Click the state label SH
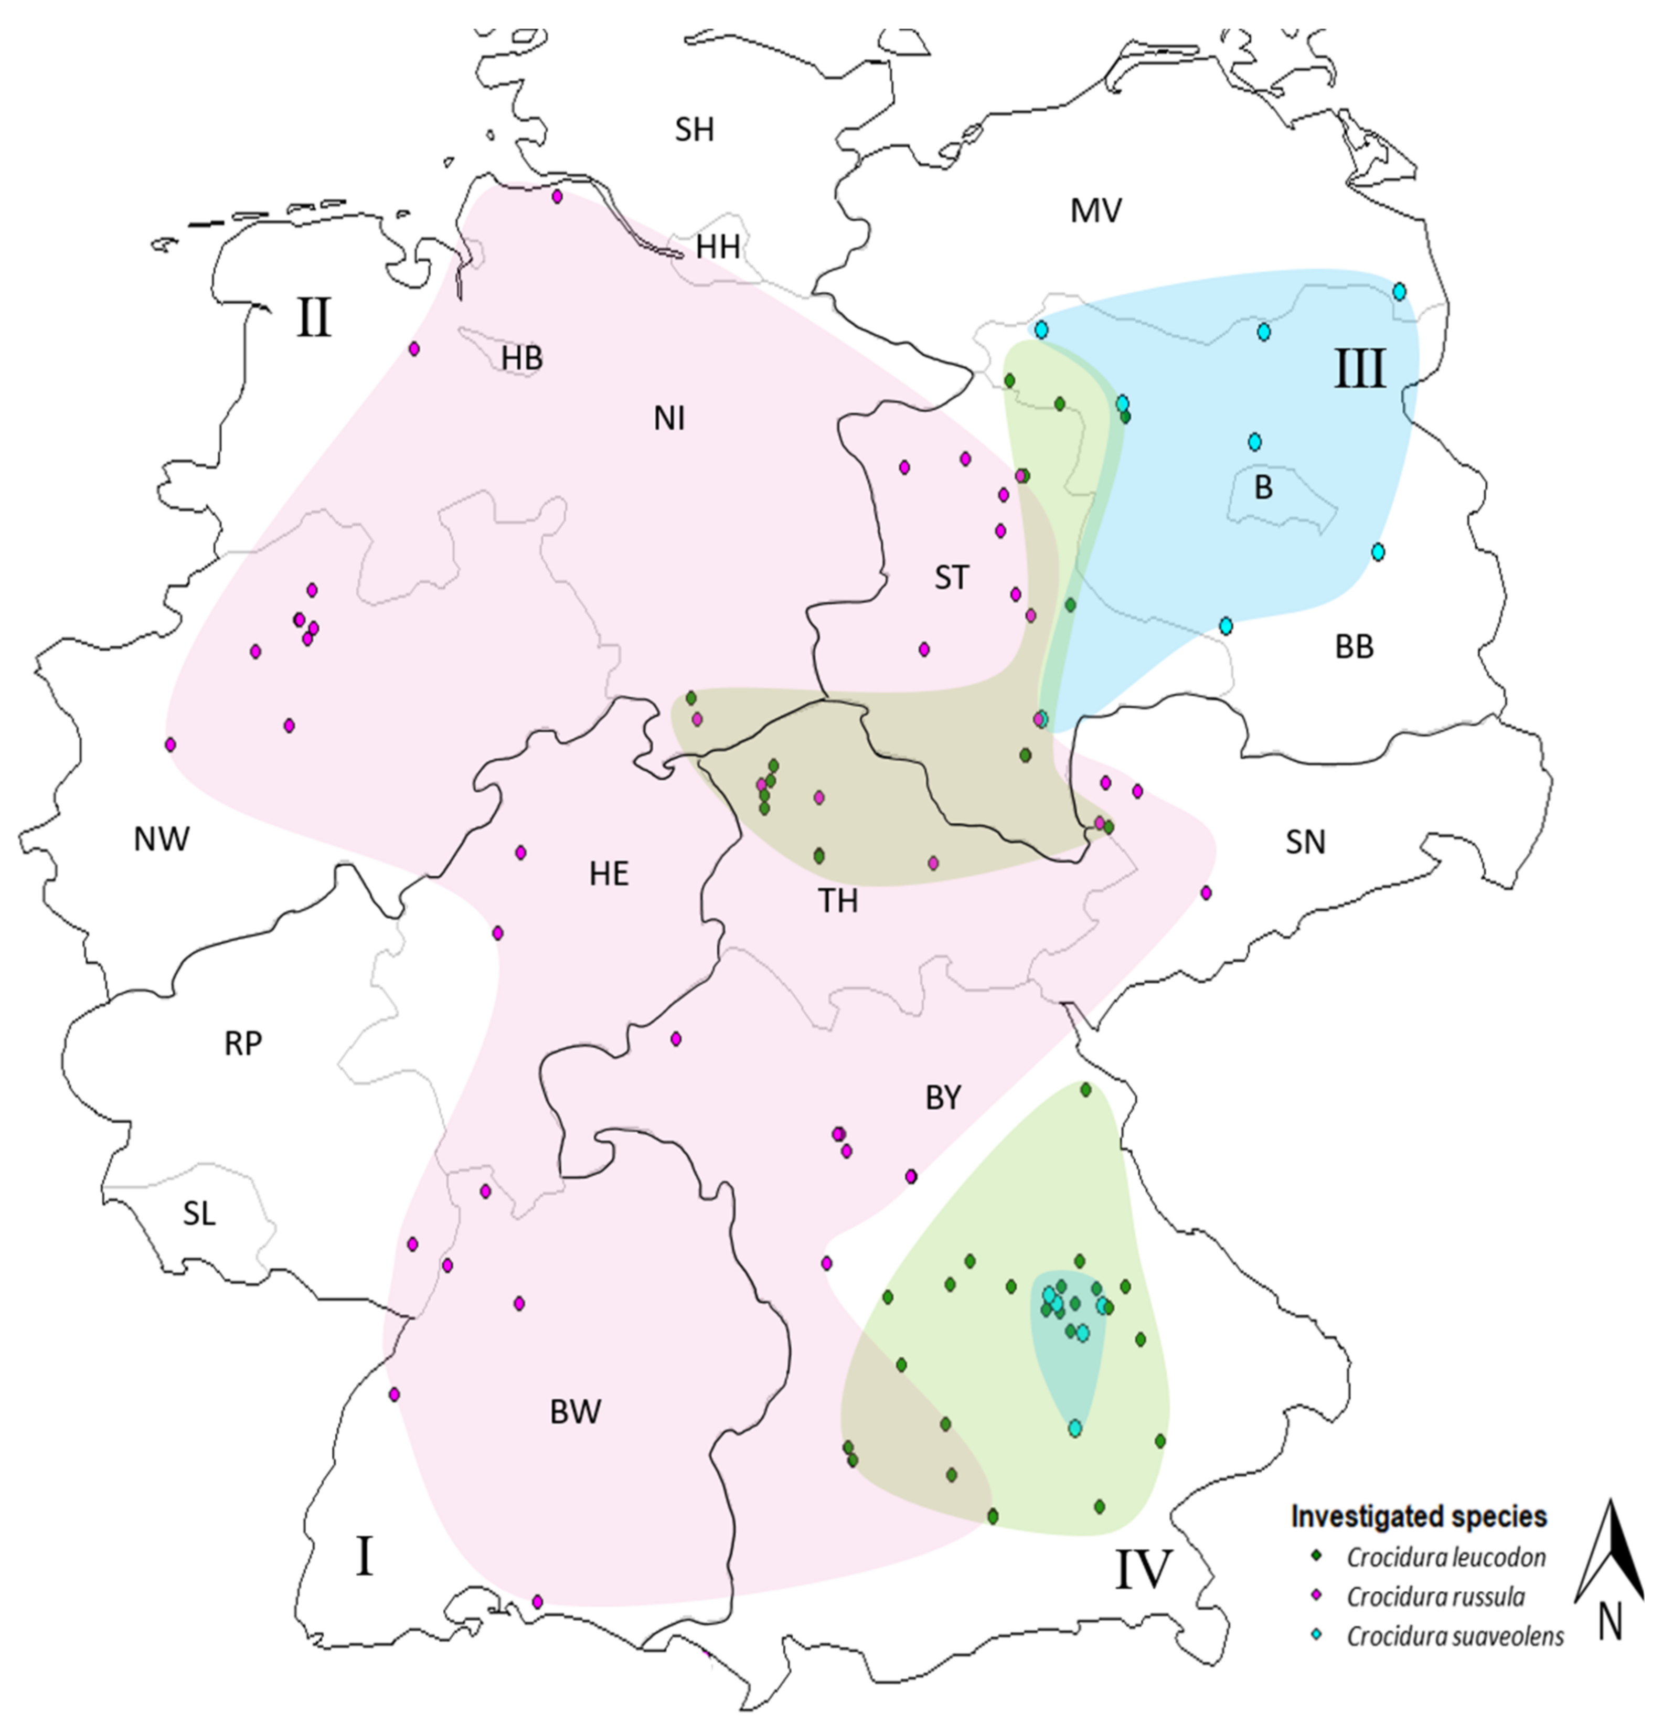(695, 130)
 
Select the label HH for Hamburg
(717, 247)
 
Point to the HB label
(522, 358)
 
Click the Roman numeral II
(314, 318)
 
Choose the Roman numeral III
(1359, 370)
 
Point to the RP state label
(243, 1044)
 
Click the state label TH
(838, 901)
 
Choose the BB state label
(1354, 647)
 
